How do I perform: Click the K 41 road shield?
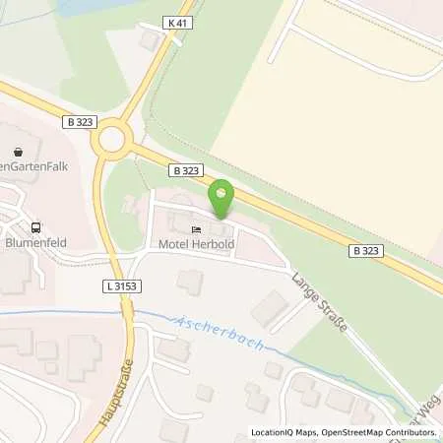[177, 24]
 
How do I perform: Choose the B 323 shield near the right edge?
[365, 251]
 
